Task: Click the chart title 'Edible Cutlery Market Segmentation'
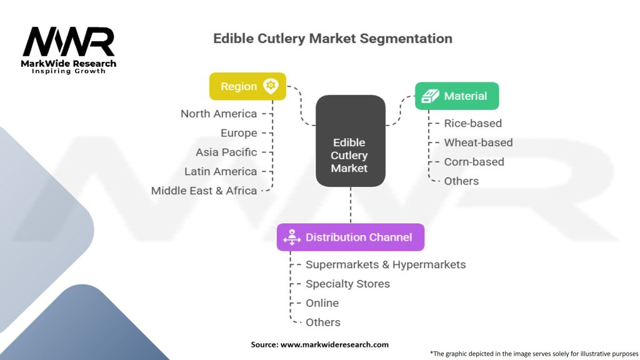tap(332, 39)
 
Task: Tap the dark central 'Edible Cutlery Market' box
tap(350, 141)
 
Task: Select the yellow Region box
tap(247, 86)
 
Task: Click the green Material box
tap(457, 96)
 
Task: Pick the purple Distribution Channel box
tap(350, 237)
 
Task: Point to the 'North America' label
tap(219, 114)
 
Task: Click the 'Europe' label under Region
tap(239, 133)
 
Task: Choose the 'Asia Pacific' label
tap(226, 152)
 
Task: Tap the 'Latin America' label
tap(221, 171)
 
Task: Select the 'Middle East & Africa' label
tap(204, 191)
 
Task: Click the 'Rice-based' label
tap(472, 123)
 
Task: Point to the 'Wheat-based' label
tap(478, 142)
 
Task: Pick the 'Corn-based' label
tap(474, 162)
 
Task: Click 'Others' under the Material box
tap(461, 181)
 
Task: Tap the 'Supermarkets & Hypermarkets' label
tap(386, 264)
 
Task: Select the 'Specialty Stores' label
tap(347, 284)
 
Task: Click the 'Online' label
tap(322, 303)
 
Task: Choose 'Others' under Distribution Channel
tap(323, 322)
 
